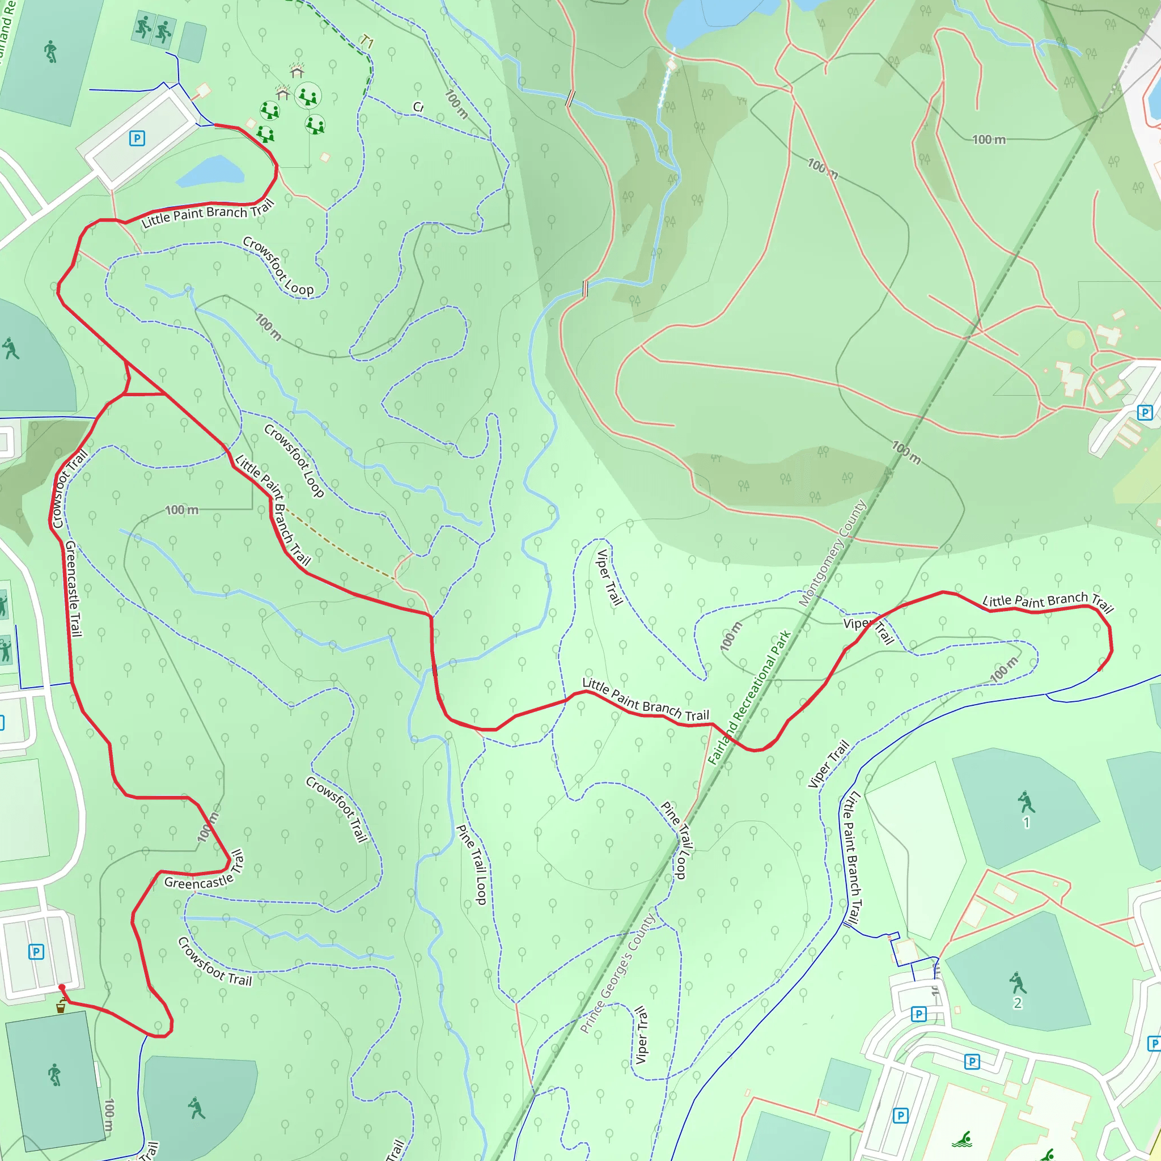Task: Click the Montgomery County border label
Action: tap(832, 553)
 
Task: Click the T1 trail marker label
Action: tap(367, 42)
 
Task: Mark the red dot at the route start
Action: tap(61, 988)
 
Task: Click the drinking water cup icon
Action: tap(61, 1007)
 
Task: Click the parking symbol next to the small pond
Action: tap(137, 139)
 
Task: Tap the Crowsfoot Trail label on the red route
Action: tap(69, 490)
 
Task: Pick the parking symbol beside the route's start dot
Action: tap(36, 952)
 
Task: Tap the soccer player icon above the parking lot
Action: tap(50, 52)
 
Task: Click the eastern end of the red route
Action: tap(1100, 670)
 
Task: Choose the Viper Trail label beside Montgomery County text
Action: tap(869, 628)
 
